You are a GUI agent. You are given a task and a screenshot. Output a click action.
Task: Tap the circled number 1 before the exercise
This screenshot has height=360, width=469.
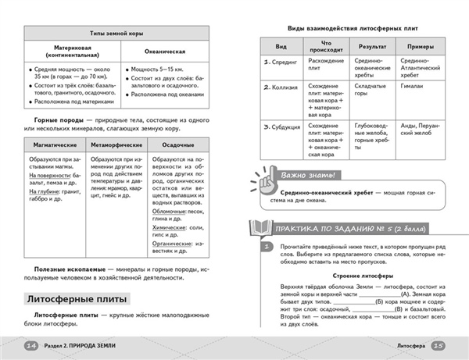[267, 247]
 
